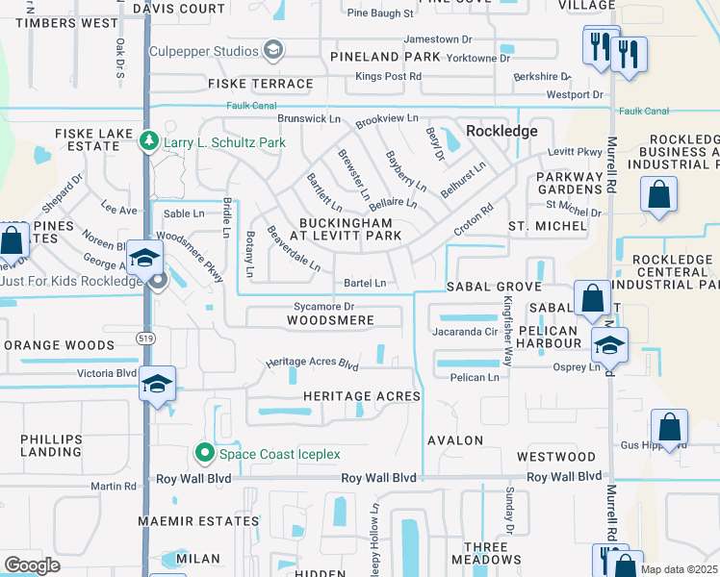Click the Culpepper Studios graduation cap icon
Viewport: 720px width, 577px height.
click(x=273, y=50)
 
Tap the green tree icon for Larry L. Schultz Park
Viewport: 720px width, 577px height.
click(x=148, y=142)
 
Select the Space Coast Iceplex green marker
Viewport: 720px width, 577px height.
click(x=204, y=453)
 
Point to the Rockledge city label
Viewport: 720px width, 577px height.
click(x=501, y=131)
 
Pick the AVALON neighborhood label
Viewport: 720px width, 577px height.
click(x=456, y=439)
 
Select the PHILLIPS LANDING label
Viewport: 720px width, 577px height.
click(x=51, y=445)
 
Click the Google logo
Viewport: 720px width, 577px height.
click(x=32, y=564)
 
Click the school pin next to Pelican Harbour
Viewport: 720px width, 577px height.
click(x=609, y=344)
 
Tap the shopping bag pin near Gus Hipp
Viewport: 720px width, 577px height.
click(x=669, y=426)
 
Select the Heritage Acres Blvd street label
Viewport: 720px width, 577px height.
click(x=312, y=365)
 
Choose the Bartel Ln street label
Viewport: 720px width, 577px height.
click(x=365, y=284)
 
